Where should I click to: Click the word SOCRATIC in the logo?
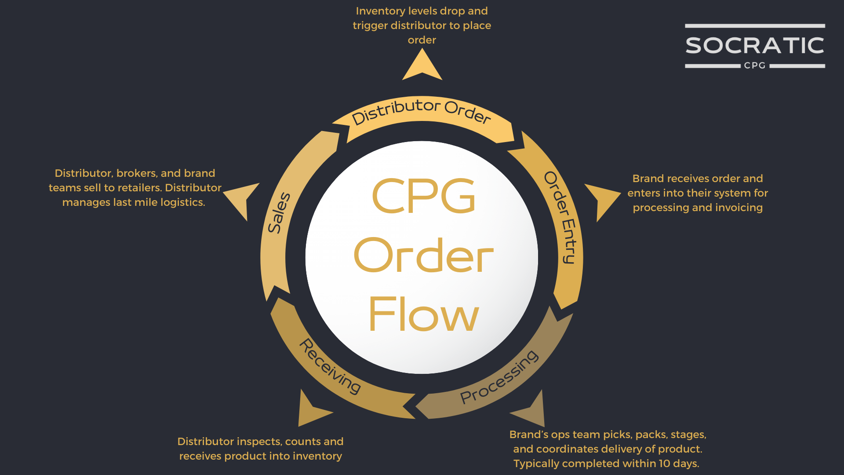[755, 46]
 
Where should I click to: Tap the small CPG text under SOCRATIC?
[755, 66]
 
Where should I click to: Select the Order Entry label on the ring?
[563, 217]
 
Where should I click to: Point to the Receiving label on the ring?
[330, 366]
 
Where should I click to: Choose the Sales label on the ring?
[279, 212]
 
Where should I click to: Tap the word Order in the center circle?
[424, 255]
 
